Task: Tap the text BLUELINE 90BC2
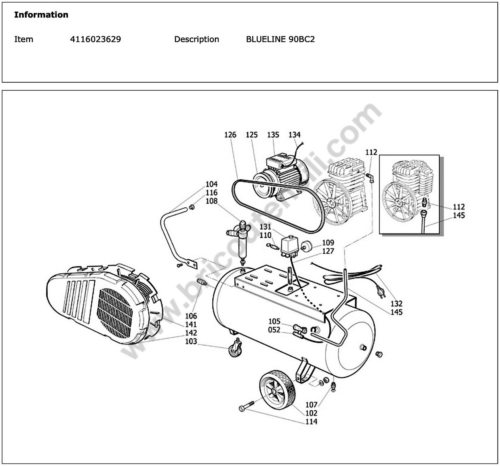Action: [x=280, y=39]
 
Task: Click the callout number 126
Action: [x=230, y=135]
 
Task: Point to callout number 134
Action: [x=294, y=135]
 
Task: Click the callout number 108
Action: [x=212, y=201]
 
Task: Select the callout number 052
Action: [x=274, y=330]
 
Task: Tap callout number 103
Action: [x=191, y=341]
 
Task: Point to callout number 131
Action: [x=265, y=227]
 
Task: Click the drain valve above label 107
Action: [x=333, y=387]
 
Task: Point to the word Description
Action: [x=196, y=39]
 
